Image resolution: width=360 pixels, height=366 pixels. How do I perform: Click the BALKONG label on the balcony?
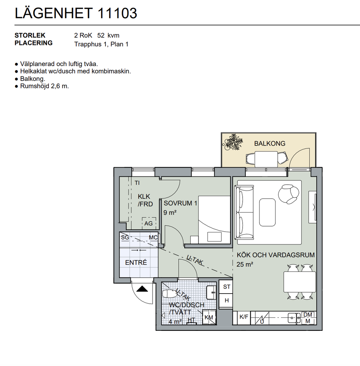pos(270,143)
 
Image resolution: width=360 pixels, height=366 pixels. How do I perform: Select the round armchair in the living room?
pos(289,194)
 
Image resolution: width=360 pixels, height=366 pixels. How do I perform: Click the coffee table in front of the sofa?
pos(267,212)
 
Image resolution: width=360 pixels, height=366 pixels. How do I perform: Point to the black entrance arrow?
pos(142,289)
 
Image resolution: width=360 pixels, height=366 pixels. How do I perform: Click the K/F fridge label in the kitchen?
pos(244,317)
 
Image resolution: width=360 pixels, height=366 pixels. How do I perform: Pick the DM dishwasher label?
pos(308,315)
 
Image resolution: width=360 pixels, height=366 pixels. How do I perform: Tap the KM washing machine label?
pos(209,317)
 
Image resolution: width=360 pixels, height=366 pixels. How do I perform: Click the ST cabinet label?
pos(227,287)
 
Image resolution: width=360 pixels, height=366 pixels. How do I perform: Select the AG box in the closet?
pos(148,223)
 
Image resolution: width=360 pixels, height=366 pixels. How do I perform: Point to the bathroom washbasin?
pos(211,292)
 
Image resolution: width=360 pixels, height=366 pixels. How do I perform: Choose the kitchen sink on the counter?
pos(294,318)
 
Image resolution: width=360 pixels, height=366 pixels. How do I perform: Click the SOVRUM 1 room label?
pos(180,203)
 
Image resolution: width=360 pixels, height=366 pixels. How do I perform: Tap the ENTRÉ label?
pos(136,262)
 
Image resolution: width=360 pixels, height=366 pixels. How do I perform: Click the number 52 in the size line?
pos(101,36)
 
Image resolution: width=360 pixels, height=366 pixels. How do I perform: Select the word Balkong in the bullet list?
pos(33,79)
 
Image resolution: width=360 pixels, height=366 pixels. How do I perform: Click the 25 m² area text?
pos(245,264)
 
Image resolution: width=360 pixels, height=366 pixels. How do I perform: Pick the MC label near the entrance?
pos(153,238)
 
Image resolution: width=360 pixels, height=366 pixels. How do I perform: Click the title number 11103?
pos(117,13)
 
